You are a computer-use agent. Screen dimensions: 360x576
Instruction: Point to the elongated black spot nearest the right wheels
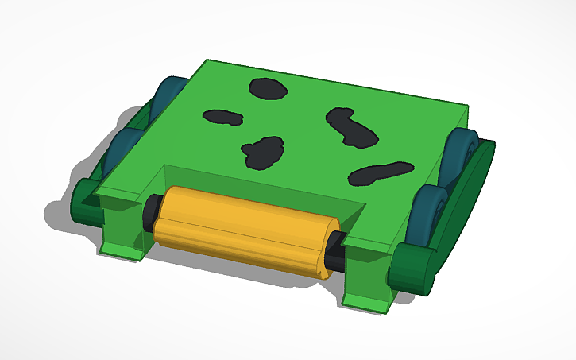381,172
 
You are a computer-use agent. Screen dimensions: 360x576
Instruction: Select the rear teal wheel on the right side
460,155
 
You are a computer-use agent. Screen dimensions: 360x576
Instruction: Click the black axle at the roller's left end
149,213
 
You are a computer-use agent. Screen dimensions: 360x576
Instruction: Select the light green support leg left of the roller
123,230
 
